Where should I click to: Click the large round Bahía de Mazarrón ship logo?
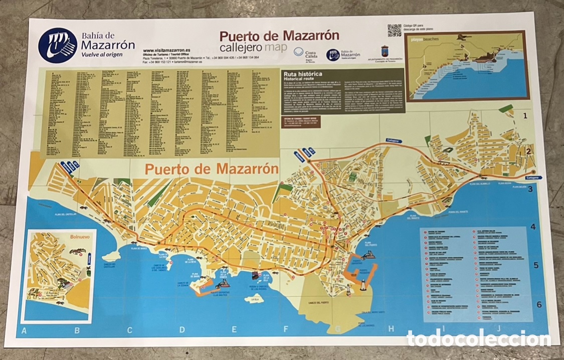point(58,45)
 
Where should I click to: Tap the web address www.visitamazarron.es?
point(166,51)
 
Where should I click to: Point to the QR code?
point(394,30)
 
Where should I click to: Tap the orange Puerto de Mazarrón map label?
point(212,169)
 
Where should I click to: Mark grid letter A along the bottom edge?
point(24,330)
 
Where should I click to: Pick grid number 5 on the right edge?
point(535,265)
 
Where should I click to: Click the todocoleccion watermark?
point(478,338)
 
